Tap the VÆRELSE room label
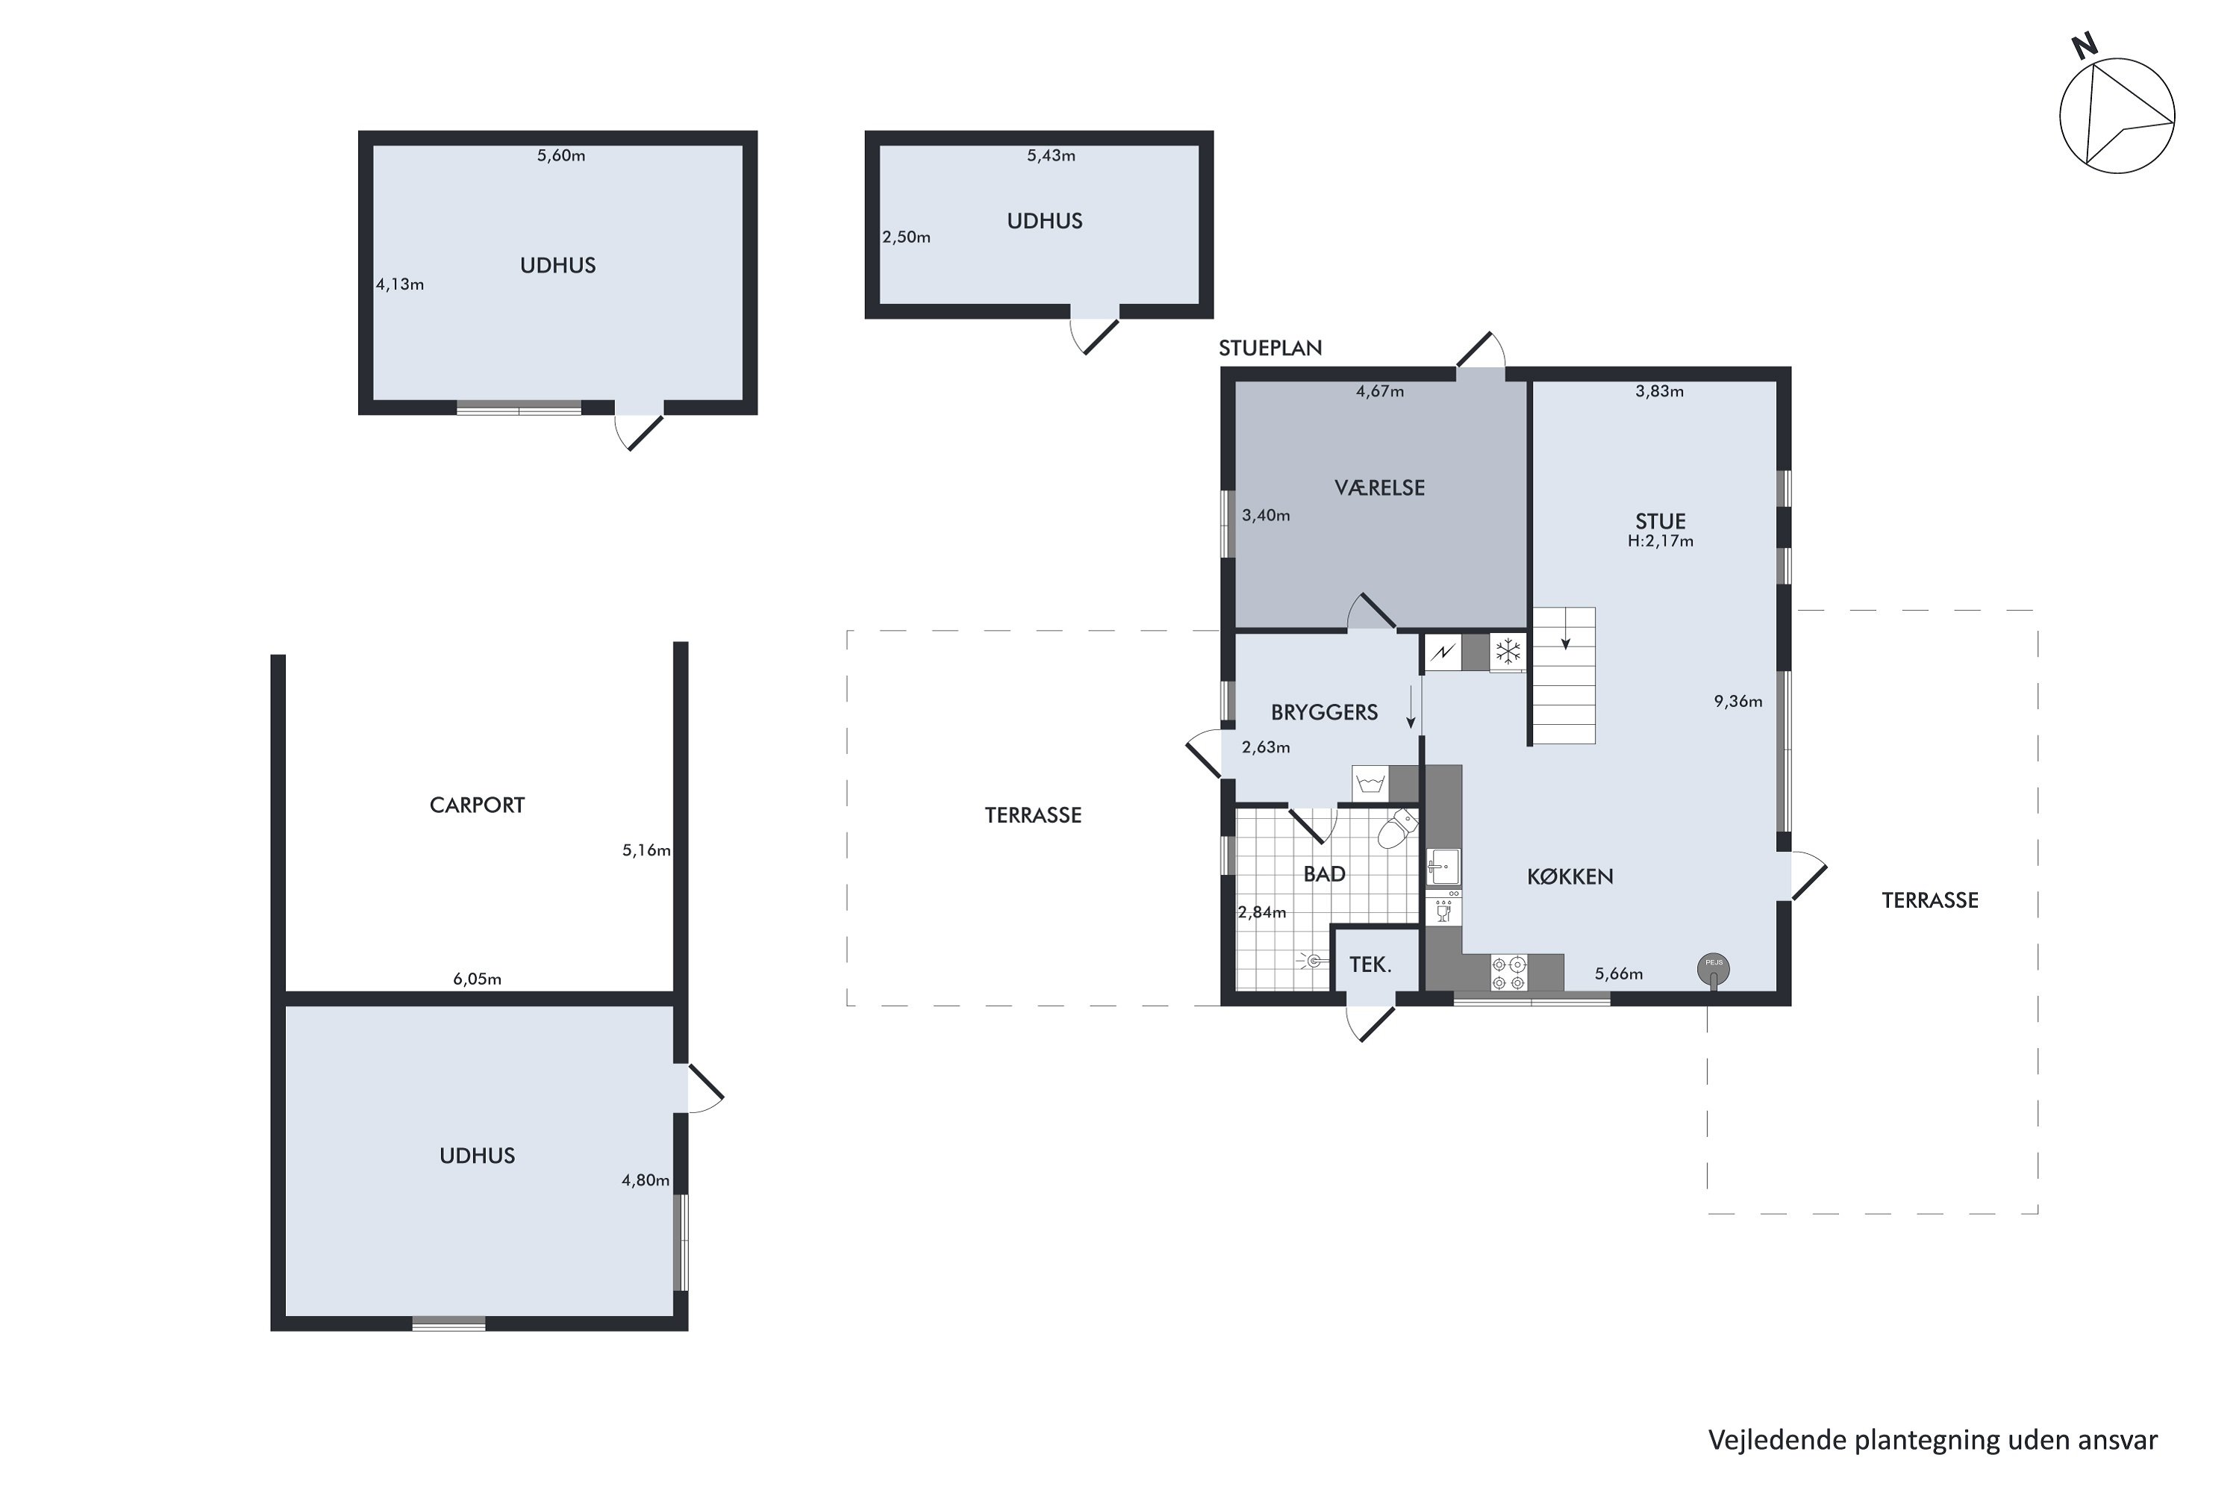coord(1379,487)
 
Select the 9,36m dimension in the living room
coord(1738,702)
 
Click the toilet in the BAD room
coord(1396,829)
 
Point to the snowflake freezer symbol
coord(1508,652)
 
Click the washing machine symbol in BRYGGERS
coord(1371,784)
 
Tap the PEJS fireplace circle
coord(1714,969)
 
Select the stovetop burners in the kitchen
coord(1509,973)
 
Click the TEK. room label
coord(1371,964)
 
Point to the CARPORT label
coord(477,805)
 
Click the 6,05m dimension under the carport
coord(477,979)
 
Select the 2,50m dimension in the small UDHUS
coord(906,237)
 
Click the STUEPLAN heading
coord(1271,349)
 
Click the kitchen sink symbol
coord(1443,867)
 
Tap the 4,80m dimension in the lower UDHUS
coord(646,1181)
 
